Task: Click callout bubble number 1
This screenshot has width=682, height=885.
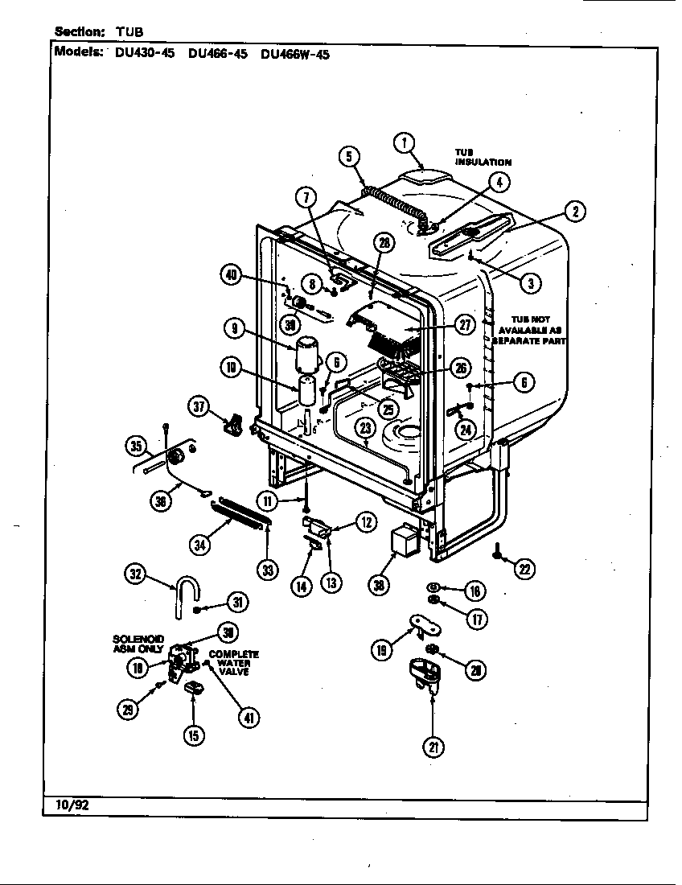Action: coord(405,143)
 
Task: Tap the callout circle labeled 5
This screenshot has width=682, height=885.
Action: coord(349,157)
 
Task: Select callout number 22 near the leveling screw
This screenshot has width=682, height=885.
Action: coord(524,570)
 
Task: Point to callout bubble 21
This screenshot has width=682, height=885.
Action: coord(433,747)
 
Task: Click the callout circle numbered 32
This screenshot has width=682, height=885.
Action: coord(135,574)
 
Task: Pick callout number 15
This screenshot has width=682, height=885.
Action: coord(193,734)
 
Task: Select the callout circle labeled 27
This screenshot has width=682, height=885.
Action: coord(465,325)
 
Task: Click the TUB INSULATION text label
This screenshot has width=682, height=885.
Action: coord(483,157)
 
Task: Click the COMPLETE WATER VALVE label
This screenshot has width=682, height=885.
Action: coord(233,663)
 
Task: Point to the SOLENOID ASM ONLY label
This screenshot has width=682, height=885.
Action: coord(138,644)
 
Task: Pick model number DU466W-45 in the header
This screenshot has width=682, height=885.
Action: coord(295,55)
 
